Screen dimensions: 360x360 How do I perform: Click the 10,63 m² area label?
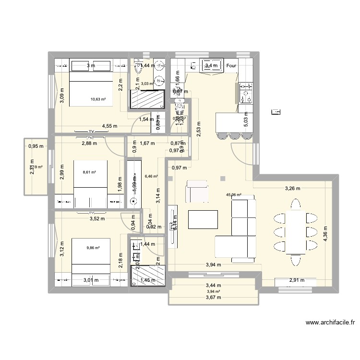point(98,99)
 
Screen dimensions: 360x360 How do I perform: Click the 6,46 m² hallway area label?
point(151,176)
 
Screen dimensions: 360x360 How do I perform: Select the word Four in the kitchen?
point(231,66)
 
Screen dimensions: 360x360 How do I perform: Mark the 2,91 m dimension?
point(296,280)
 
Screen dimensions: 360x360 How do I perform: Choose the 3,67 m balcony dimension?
point(213,298)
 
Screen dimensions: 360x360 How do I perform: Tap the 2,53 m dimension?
point(199,129)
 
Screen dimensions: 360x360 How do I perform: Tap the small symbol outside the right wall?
point(276,112)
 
